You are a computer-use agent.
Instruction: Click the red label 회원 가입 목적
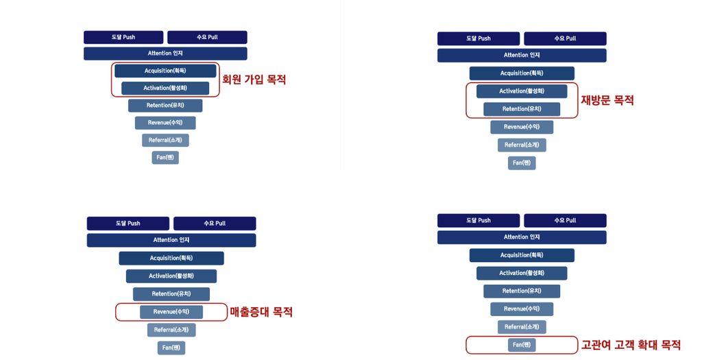254,80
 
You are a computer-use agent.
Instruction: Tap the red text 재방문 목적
607,100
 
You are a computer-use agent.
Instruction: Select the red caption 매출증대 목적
261,311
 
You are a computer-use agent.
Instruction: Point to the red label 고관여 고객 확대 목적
631,345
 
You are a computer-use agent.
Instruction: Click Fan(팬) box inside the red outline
522,345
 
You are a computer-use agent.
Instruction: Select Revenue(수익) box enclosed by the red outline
171,312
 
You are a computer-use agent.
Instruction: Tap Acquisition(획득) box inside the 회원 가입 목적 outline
165,71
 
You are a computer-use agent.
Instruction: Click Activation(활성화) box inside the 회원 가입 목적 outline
165,88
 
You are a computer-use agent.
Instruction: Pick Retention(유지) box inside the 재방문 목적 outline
522,109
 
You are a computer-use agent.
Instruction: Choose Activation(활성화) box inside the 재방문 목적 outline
522,91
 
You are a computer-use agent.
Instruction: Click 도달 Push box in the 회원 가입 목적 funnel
123,37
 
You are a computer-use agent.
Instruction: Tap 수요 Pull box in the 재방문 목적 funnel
565,38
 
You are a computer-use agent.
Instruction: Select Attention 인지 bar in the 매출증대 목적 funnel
171,240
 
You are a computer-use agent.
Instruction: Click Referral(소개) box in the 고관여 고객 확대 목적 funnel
522,327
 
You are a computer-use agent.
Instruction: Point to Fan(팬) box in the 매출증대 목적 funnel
171,348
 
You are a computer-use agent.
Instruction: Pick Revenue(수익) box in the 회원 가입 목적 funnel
165,123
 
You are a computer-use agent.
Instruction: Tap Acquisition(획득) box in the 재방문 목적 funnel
522,73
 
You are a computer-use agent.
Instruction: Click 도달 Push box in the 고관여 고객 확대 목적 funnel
479,221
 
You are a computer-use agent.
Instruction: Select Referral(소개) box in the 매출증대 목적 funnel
171,330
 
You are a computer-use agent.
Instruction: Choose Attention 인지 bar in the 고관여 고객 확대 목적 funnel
522,237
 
